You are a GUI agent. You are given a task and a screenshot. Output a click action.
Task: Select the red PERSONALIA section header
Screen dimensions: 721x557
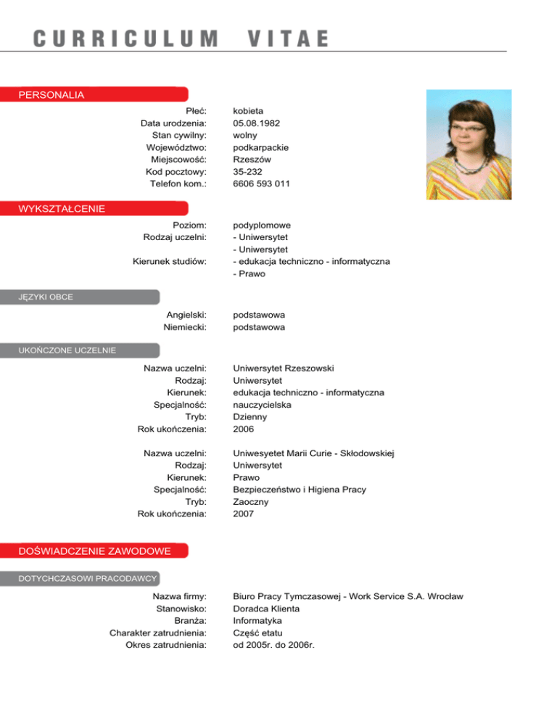(51, 94)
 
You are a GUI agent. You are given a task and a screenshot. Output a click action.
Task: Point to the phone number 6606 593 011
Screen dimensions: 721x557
(262, 184)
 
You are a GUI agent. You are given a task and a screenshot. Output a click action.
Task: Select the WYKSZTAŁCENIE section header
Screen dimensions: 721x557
(62, 209)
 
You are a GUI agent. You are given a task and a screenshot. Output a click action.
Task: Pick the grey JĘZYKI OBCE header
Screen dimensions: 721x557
(46, 296)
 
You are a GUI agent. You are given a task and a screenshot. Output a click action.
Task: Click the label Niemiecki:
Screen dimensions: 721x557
(186, 327)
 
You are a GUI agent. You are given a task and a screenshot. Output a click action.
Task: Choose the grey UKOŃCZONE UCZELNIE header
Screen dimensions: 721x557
(67, 350)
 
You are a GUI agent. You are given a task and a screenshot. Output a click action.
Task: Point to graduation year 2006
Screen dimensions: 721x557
(244, 429)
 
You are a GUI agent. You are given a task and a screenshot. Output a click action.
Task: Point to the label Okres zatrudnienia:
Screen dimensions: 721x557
(166, 645)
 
